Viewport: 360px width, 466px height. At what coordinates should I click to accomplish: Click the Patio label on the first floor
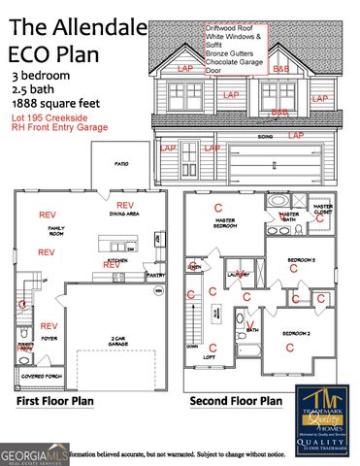pyautogui.click(x=122, y=165)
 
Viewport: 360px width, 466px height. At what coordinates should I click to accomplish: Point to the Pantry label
pyautogui.click(x=153, y=275)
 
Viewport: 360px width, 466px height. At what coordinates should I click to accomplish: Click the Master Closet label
pyautogui.click(x=323, y=210)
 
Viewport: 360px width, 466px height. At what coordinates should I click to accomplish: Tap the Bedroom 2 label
pyautogui.click(x=296, y=333)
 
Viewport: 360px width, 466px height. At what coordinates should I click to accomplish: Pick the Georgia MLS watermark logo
pyautogui.click(x=34, y=453)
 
